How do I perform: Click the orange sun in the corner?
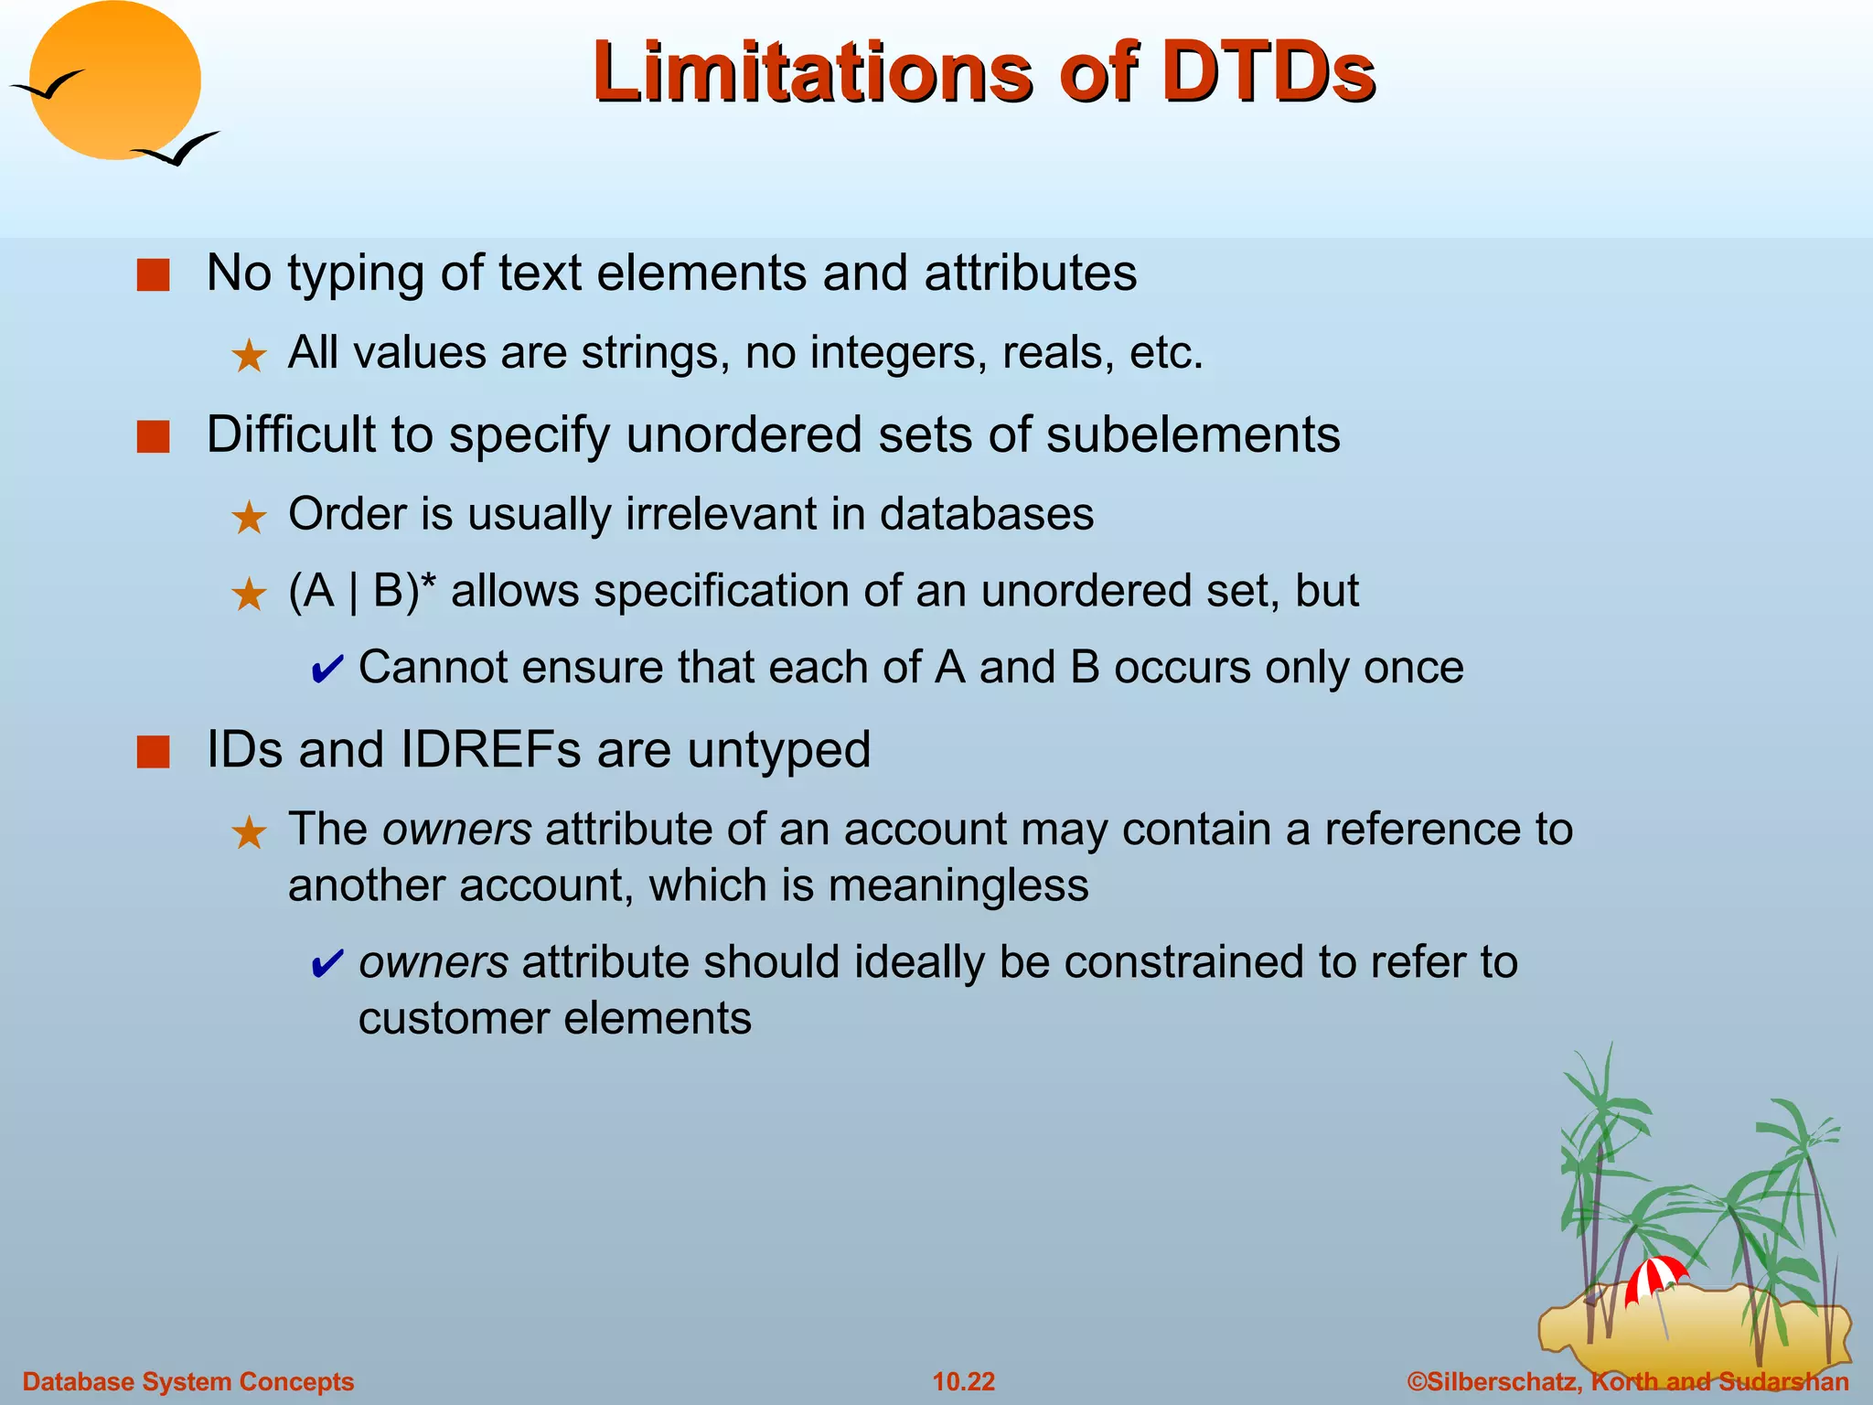(x=114, y=80)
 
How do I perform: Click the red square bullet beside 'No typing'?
(x=153, y=274)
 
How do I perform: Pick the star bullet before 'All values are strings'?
(x=249, y=356)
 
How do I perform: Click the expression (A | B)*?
(x=362, y=591)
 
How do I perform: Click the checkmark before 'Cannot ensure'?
(x=326, y=670)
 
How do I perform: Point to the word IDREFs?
(x=490, y=750)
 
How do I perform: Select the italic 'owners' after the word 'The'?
(x=456, y=830)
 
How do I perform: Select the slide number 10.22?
(x=963, y=1381)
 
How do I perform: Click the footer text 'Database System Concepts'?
(x=187, y=1381)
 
